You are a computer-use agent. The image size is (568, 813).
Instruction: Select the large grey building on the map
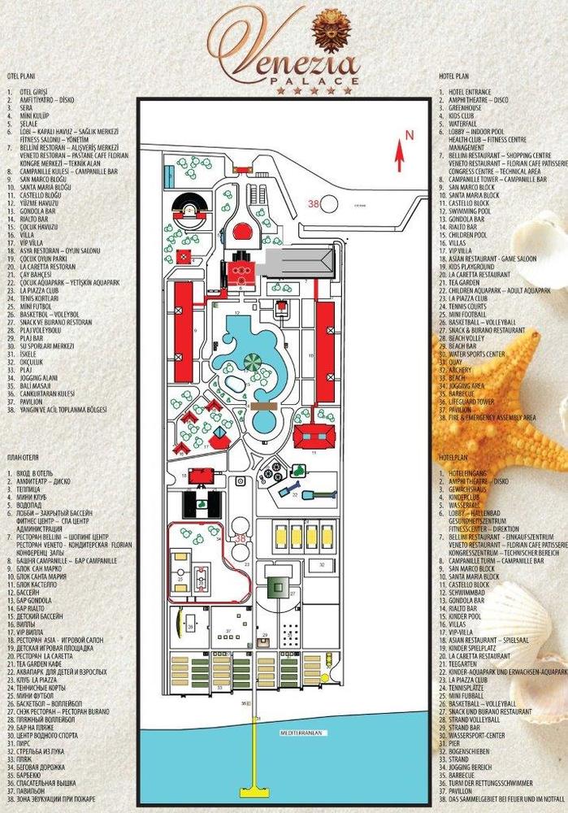point(300,261)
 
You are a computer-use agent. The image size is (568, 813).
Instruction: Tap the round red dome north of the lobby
point(241,232)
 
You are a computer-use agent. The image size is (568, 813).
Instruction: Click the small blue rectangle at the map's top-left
point(169,174)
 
